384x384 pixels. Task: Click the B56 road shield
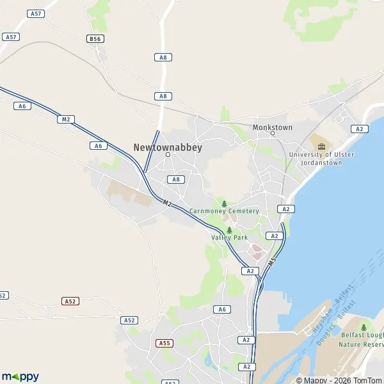click(95, 39)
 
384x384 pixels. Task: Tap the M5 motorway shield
click(273, 262)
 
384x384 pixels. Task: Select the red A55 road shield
click(164, 343)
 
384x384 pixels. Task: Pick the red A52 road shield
click(70, 301)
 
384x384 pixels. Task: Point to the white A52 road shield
click(129, 320)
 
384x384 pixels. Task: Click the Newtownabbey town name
click(168, 147)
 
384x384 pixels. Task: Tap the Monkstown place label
click(273, 127)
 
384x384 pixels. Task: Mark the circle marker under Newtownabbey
click(168, 154)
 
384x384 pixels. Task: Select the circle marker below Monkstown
click(273, 133)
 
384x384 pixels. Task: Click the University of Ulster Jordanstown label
click(321, 159)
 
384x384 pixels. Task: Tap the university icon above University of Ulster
click(321, 146)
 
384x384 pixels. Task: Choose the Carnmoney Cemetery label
click(224, 211)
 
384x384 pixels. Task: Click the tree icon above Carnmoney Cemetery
click(224, 204)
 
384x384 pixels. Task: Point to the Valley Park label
click(229, 237)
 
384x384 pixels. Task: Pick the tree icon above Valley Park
click(229, 230)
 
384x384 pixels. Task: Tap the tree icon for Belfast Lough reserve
click(364, 327)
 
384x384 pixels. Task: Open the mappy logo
click(20, 377)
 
